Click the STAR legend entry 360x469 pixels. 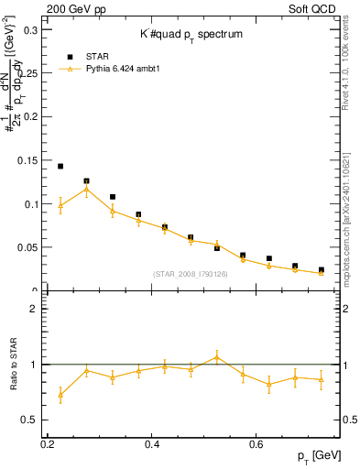click(x=96, y=55)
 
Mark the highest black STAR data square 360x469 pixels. click(x=60, y=167)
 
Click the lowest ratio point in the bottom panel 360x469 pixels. click(x=60, y=395)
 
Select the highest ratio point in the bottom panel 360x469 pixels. click(x=217, y=356)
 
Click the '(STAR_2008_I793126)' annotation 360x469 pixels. click(x=190, y=274)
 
